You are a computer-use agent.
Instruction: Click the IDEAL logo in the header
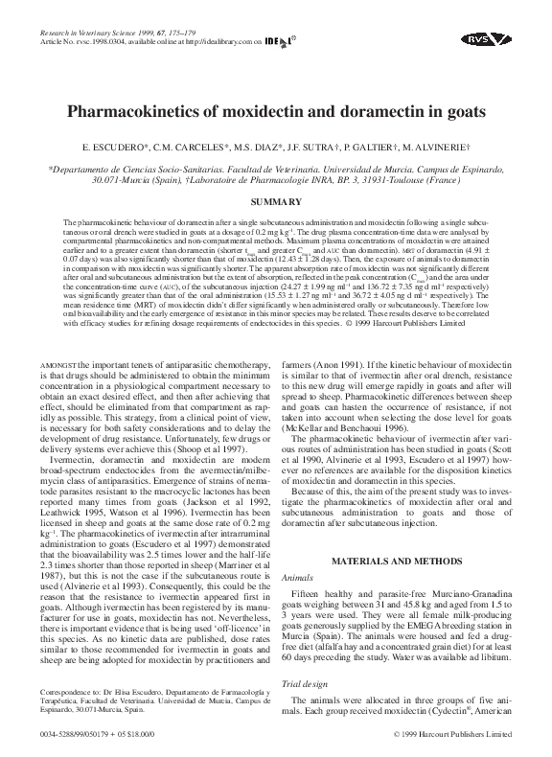[x=278, y=41]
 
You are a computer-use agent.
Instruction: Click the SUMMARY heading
[x=275, y=201]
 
